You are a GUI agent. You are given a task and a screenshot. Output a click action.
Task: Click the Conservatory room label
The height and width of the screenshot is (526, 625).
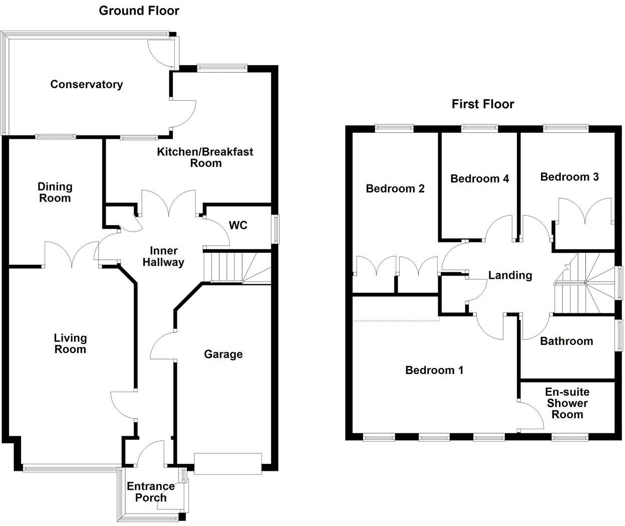click(x=86, y=84)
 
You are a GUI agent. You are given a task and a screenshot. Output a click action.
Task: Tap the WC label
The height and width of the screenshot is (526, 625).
click(x=238, y=225)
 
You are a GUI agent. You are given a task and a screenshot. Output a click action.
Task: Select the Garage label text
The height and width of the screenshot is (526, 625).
click(x=223, y=355)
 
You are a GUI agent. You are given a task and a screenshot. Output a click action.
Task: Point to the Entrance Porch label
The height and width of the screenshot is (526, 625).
click(x=150, y=492)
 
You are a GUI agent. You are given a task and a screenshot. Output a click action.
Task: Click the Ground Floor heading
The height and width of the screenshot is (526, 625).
click(x=139, y=11)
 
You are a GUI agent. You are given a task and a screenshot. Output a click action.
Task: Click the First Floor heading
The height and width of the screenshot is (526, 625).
click(x=483, y=104)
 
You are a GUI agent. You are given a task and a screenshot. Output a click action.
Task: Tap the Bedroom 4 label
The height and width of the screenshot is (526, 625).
click(x=479, y=179)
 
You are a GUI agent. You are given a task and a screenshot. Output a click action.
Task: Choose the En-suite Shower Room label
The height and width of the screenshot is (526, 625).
click(x=567, y=403)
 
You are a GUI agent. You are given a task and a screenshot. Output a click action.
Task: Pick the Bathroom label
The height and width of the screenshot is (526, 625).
click(x=566, y=341)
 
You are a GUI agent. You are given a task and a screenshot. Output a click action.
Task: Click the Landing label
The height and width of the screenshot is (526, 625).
click(x=510, y=275)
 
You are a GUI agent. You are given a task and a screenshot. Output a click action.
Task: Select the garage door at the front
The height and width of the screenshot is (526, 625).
click(x=228, y=464)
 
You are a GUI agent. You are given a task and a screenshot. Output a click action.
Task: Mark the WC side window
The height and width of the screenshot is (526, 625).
click(x=275, y=230)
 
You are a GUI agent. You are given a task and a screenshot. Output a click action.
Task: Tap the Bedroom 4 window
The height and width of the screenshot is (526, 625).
click(x=479, y=128)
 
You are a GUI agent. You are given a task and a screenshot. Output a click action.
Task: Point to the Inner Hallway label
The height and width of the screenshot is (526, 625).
click(x=163, y=256)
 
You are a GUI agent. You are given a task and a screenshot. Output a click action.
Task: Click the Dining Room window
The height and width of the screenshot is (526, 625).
click(x=55, y=136)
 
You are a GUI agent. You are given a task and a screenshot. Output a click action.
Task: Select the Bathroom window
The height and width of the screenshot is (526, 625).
click(x=619, y=334)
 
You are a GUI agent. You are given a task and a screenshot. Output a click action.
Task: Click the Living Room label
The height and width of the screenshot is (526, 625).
click(x=70, y=343)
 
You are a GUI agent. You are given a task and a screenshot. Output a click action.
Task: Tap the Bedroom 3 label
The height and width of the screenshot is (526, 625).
click(x=569, y=177)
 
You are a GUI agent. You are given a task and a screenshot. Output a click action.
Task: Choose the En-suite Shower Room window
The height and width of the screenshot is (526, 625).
click(x=570, y=438)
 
